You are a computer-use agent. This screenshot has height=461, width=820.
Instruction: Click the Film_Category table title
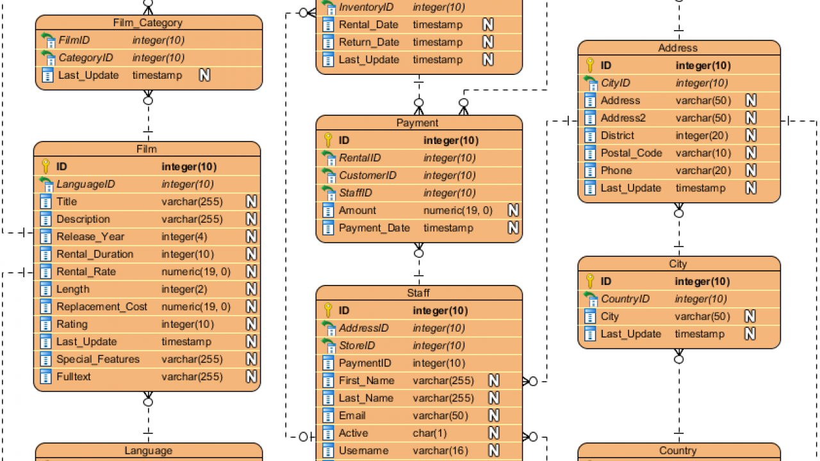coord(148,23)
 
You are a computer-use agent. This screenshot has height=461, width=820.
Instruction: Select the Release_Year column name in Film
coord(90,237)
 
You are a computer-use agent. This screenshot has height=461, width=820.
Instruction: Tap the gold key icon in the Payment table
coord(328,140)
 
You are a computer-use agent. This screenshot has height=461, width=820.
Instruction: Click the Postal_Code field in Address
coord(632,153)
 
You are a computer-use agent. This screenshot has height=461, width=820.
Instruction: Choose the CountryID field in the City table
coord(625,299)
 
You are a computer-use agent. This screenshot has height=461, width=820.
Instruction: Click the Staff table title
coord(418,293)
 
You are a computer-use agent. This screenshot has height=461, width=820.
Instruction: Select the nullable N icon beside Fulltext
coord(252,376)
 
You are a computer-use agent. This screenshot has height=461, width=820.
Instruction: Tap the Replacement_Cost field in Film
coord(101,307)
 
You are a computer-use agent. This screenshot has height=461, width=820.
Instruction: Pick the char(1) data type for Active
coord(430,433)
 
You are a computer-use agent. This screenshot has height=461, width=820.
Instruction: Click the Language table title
coord(148,451)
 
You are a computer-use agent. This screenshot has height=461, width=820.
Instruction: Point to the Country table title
coord(678,451)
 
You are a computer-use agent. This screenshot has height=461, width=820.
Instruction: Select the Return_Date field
coord(369,42)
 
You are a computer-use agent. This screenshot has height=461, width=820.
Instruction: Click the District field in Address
coord(617,136)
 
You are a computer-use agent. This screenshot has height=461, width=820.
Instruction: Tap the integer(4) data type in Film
coord(184,237)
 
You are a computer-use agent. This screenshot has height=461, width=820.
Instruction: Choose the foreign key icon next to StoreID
coord(328,346)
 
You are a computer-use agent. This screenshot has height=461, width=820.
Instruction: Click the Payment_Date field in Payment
coord(374,228)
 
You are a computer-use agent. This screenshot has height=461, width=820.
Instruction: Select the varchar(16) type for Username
coord(440,451)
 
